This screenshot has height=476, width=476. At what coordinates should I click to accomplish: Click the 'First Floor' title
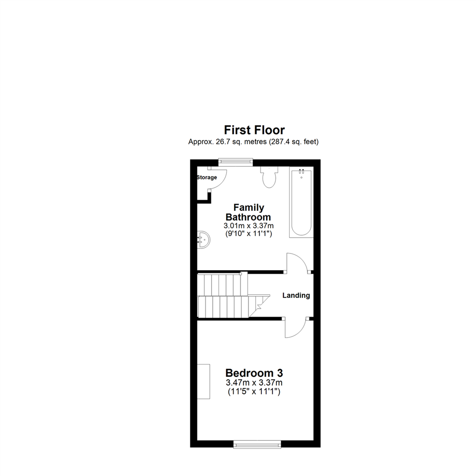pyautogui.click(x=254, y=130)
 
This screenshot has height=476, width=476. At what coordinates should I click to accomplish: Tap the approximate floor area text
pyautogui.click(x=253, y=142)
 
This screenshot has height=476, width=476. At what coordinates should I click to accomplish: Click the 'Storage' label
pyautogui.click(x=207, y=178)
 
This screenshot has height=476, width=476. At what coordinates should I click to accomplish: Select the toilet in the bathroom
pyautogui.click(x=268, y=177)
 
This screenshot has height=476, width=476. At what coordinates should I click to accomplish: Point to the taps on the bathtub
pyautogui.click(x=301, y=171)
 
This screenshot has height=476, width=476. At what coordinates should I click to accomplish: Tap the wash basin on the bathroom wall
pyautogui.click(x=203, y=239)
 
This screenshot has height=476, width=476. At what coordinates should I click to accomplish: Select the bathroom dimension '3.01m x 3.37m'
pyautogui.click(x=248, y=226)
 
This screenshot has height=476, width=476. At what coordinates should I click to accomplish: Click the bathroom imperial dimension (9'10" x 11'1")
pyautogui.click(x=248, y=234)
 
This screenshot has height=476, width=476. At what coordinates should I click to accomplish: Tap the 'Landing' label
pyautogui.click(x=296, y=296)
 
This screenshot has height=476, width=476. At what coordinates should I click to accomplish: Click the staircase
pyautogui.click(x=225, y=295)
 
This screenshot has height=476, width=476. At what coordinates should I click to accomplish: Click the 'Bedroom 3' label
pyautogui.click(x=253, y=372)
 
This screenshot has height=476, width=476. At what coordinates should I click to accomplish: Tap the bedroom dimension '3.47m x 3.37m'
pyautogui.click(x=253, y=382)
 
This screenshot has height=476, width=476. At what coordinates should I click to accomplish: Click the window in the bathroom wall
pyautogui.click(x=235, y=162)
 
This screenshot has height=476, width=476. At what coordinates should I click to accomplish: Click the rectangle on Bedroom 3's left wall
pyautogui.click(x=204, y=381)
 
